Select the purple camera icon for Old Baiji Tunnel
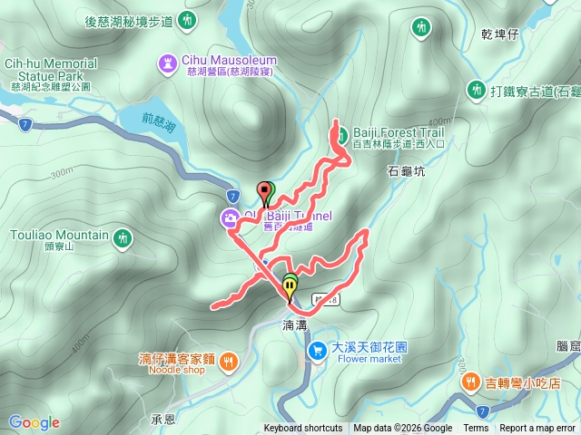(230, 217)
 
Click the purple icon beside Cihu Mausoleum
(169, 61)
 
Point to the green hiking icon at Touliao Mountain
(123, 238)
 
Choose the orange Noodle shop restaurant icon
(227, 362)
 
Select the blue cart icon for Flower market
(318, 350)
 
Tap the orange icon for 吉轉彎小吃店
(471, 382)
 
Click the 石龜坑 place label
(406, 170)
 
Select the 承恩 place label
(163, 420)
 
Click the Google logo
(34, 422)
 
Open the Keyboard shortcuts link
(303, 429)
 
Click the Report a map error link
(537, 429)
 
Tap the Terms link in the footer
(476, 429)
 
